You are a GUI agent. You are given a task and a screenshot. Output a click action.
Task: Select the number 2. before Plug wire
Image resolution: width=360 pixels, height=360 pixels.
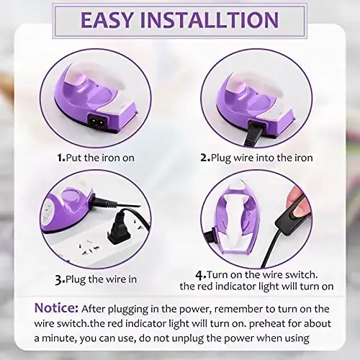205,156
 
